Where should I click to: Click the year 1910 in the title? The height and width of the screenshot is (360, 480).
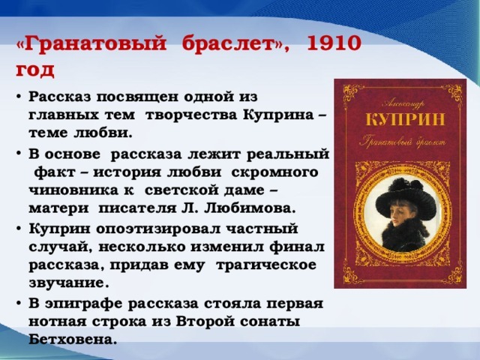[x=334, y=43]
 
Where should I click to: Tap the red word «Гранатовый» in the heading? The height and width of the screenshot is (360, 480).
[x=94, y=44]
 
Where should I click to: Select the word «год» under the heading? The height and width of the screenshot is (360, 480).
[x=35, y=70]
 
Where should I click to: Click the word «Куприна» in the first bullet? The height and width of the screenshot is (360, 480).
[x=279, y=115]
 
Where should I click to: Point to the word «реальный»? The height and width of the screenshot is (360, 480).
[x=288, y=154]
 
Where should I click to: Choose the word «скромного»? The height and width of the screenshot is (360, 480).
[x=274, y=172]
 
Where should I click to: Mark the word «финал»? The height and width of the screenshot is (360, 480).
[x=296, y=247]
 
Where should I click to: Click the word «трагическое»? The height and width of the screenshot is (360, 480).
[x=266, y=265]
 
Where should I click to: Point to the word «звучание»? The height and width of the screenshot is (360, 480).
[x=67, y=283]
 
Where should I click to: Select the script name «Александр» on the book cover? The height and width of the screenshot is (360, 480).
[x=403, y=104]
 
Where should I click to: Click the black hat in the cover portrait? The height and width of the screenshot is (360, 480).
[x=406, y=199]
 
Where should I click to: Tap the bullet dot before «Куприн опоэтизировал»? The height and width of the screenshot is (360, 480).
[x=19, y=229]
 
